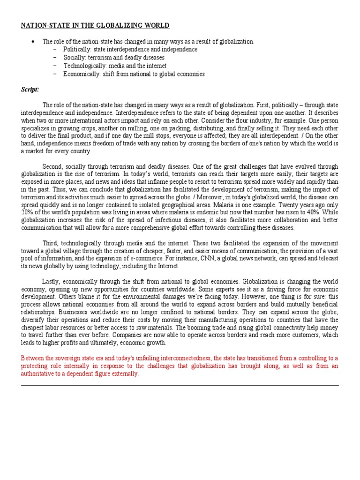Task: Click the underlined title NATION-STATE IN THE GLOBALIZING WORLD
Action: [x=95, y=25]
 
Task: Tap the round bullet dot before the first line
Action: [x=33, y=42]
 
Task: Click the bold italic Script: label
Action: [x=30, y=89]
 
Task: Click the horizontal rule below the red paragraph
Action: [x=180, y=385]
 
